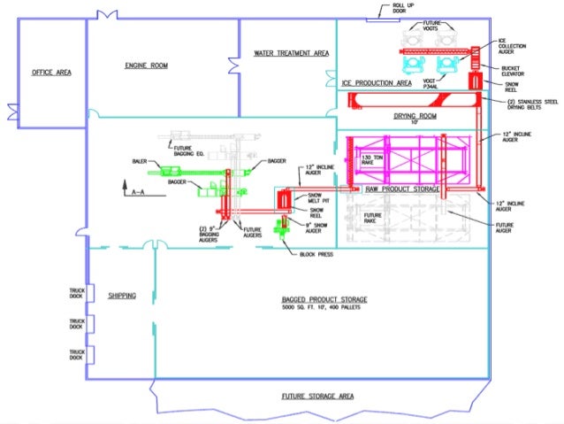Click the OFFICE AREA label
(51, 73)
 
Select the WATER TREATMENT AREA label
(292, 53)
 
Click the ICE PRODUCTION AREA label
(377, 83)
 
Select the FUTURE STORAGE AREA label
(317, 396)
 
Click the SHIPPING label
(122, 296)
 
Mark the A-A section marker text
(138, 190)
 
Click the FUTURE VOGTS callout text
(432, 27)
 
